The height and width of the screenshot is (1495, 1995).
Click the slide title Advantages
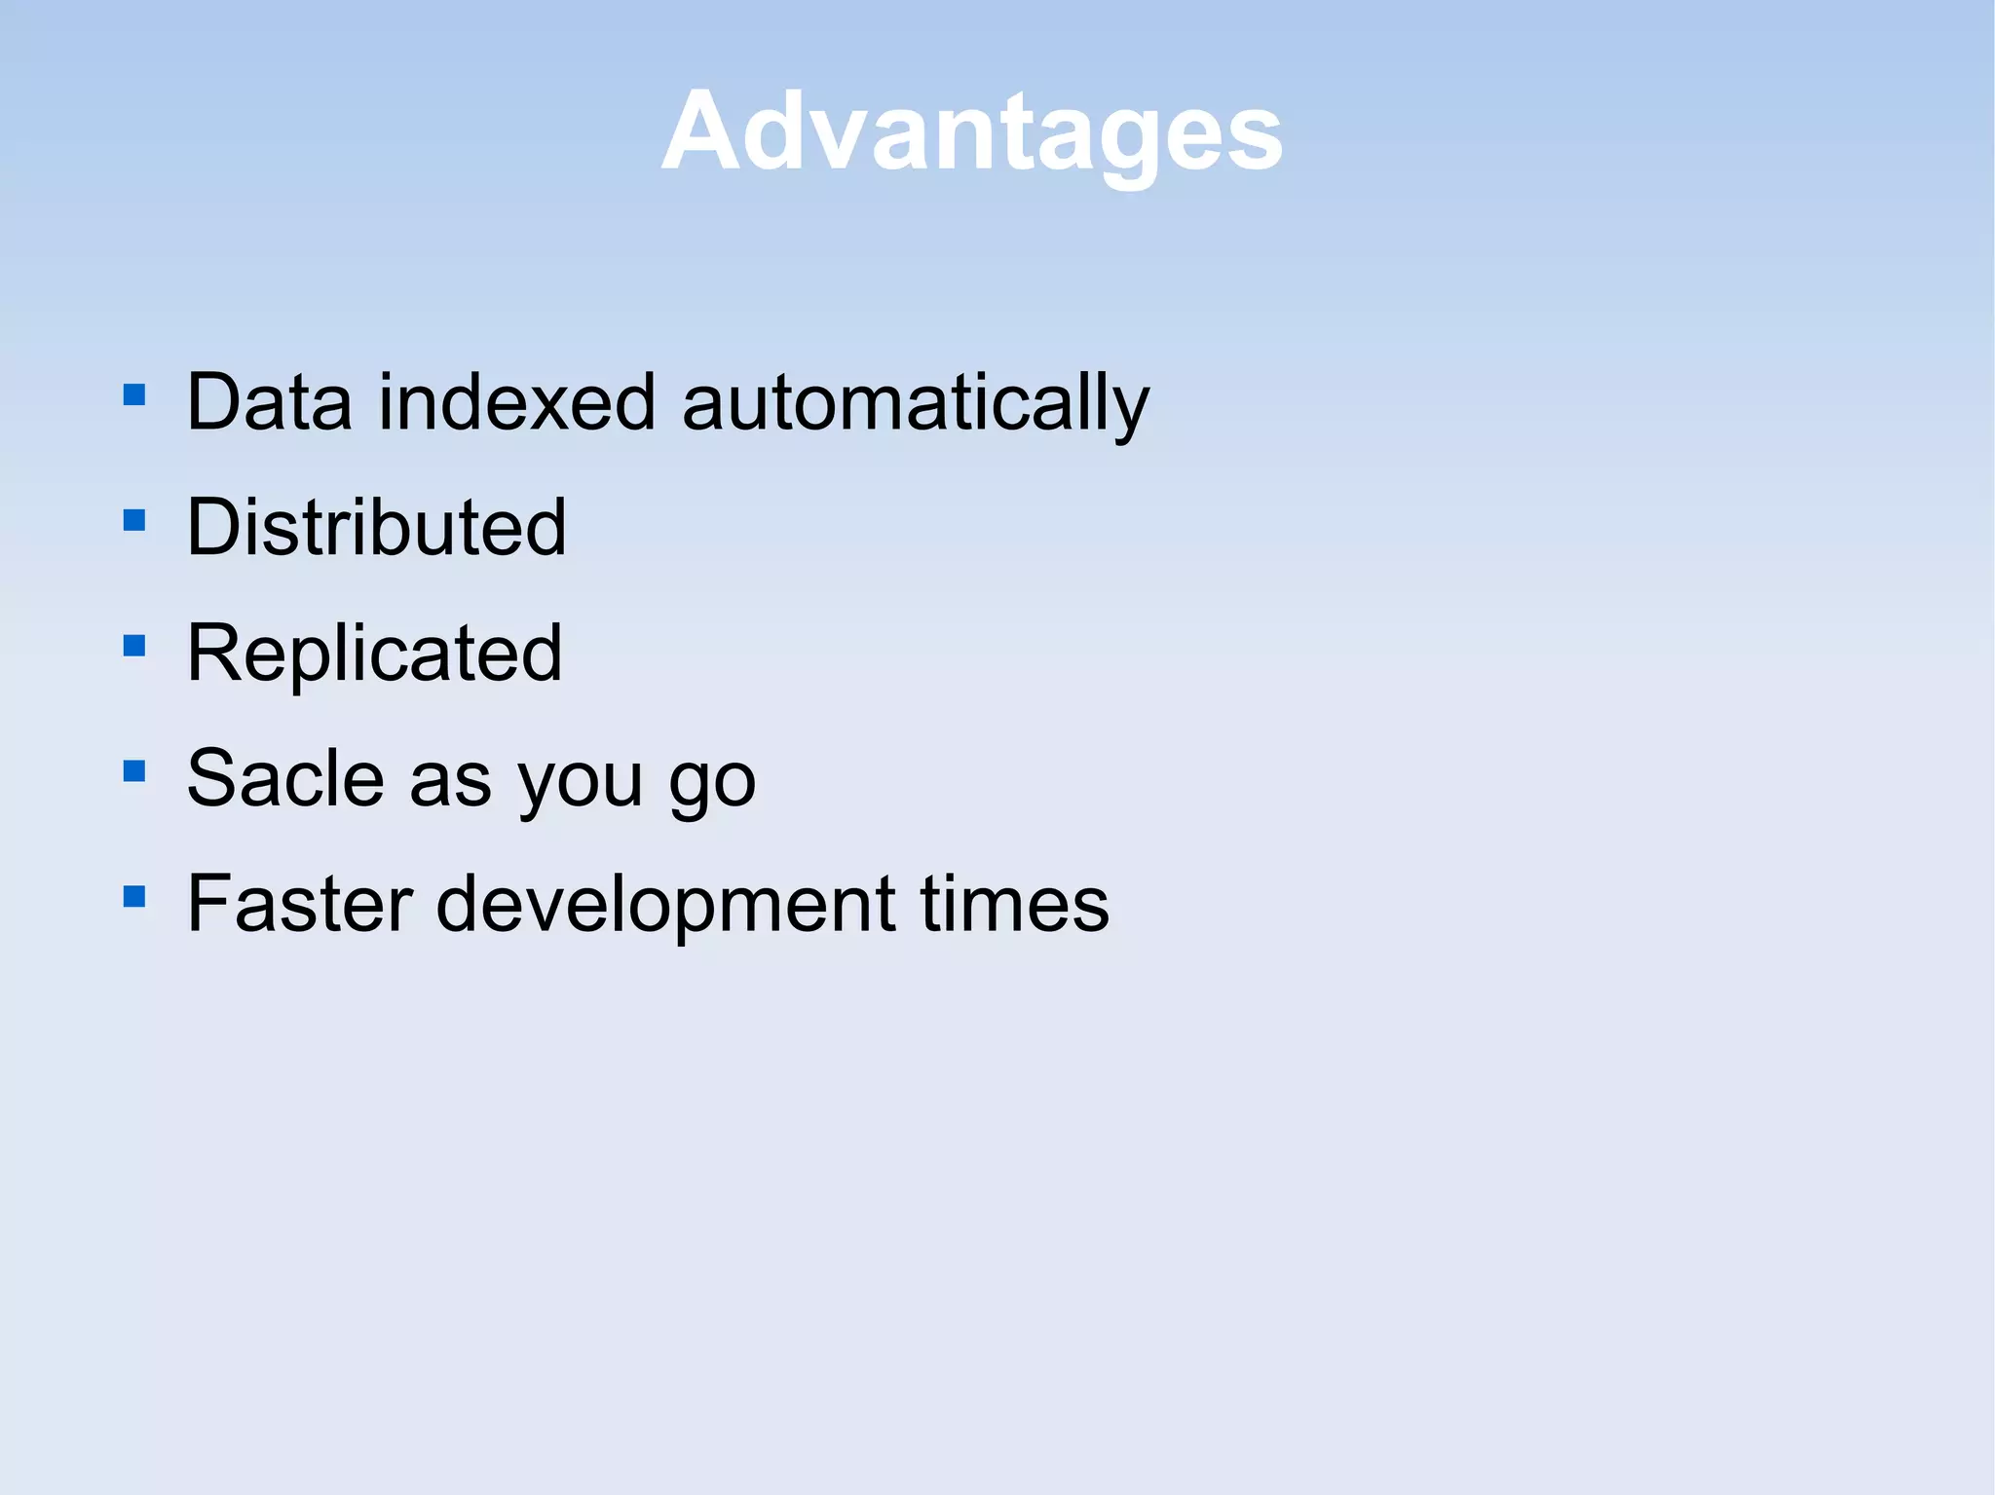(972, 131)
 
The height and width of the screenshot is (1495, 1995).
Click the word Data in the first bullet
(269, 402)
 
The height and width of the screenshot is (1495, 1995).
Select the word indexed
(517, 402)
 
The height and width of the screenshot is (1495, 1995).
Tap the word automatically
(916, 404)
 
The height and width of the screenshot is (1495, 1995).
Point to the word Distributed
(376, 527)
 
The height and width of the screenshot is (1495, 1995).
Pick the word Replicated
(374, 654)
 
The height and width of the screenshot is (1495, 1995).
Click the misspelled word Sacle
(285, 778)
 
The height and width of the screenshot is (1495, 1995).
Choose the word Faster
(300, 904)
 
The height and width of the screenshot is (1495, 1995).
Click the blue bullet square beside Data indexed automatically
(134, 394)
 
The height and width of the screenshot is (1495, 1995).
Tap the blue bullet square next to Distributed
(134, 520)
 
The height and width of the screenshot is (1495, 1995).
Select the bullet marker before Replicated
(134, 646)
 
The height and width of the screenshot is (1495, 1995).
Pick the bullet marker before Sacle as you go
(134, 771)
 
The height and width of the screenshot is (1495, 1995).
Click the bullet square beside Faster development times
(134, 896)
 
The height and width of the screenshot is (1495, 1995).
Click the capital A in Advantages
(698, 131)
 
